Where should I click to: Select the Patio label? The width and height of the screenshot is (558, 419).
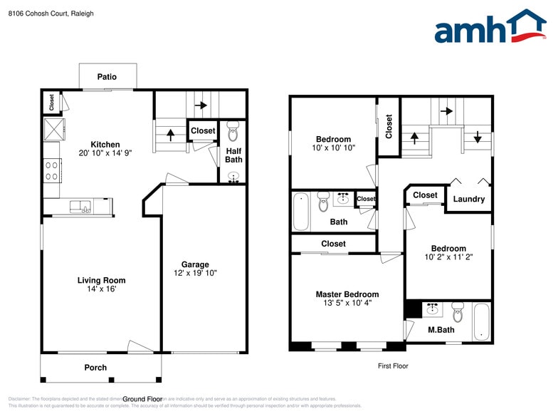(107, 77)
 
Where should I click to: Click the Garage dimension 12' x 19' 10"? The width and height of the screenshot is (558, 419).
(195, 273)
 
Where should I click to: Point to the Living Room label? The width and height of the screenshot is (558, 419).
(101, 280)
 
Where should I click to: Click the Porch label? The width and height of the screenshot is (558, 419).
(95, 368)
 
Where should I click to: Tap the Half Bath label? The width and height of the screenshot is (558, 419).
(233, 155)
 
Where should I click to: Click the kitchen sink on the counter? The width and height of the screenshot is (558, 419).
(80, 207)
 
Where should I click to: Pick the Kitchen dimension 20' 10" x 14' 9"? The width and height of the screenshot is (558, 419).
(105, 152)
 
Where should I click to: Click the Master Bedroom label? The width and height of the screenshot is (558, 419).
(347, 294)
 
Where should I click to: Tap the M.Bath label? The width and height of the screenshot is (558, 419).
(441, 329)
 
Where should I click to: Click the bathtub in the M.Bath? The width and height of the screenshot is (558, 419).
(481, 321)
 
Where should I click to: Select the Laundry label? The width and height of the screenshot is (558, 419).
(468, 199)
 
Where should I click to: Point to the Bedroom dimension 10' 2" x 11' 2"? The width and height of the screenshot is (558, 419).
(448, 257)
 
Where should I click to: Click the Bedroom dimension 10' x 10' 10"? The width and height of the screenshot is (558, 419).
(333, 148)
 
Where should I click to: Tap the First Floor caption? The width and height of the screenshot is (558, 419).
(392, 366)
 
